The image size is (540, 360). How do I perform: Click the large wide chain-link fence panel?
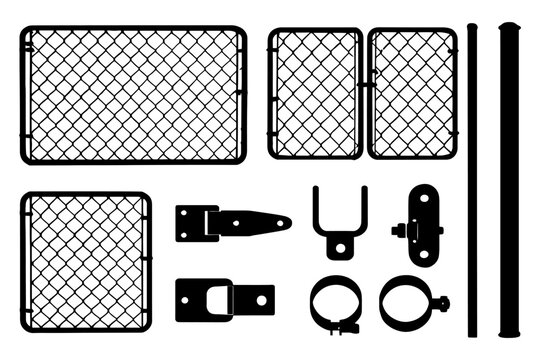pyautogui.click(x=133, y=95)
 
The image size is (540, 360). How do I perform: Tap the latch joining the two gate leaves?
pyautogui.click(x=364, y=86)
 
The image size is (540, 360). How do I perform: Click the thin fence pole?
pyautogui.click(x=473, y=180)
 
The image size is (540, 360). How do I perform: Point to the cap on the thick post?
pyautogui.click(x=510, y=27)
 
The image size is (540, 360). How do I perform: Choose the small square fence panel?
pyautogui.click(x=86, y=262)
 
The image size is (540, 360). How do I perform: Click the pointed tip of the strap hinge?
pyautogui.click(x=287, y=222)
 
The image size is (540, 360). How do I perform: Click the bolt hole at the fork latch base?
pyautogui.click(x=339, y=246)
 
